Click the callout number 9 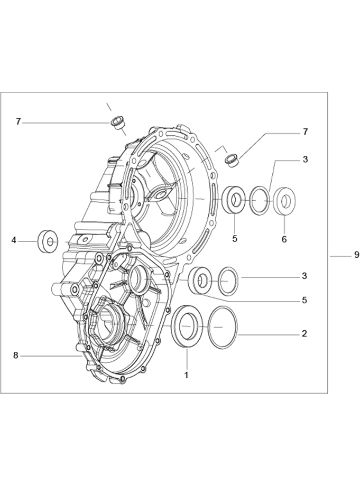pyautogui.click(x=357, y=255)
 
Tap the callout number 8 pyautogui.click(x=16, y=356)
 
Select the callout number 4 pyautogui.click(x=14, y=241)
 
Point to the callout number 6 pyautogui.click(x=284, y=239)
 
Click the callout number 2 pyautogui.click(x=304, y=334)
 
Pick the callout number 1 pyautogui.click(x=186, y=375)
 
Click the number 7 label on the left pyautogui.click(x=18, y=121)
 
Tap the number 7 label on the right pyautogui.click(x=305, y=132)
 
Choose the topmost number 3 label pyautogui.click(x=305, y=159)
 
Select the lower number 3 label pyautogui.click(x=304, y=275)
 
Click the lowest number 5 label pyautogui.click(x=304, y=300)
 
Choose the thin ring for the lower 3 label pyautogui.click(x=228, y=281)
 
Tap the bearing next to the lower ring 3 pyautogui.click(x=201, y=280)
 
